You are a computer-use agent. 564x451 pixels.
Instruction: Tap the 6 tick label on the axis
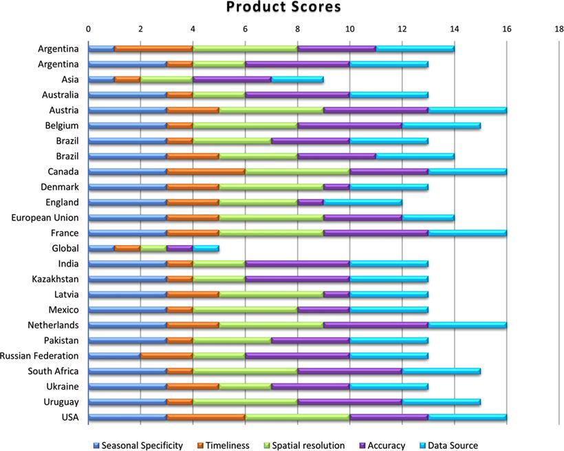[x=245, y=29]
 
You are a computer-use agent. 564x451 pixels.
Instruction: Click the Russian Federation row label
[x=41, y=356]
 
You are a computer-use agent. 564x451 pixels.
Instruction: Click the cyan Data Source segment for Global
[x=206, y=249]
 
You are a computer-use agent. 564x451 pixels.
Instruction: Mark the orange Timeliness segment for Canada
[x=206, y=171]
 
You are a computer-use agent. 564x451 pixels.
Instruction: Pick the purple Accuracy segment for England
[x=310, y=202]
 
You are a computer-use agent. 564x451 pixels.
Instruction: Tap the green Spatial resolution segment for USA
[x=297, y=417]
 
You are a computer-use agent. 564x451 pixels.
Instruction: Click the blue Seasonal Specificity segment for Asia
[x=101, y=79]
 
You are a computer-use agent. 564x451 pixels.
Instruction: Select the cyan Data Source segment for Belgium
[x=441, y=125]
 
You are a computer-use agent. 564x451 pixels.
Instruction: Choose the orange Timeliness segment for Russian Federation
[x=166, y=356]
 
